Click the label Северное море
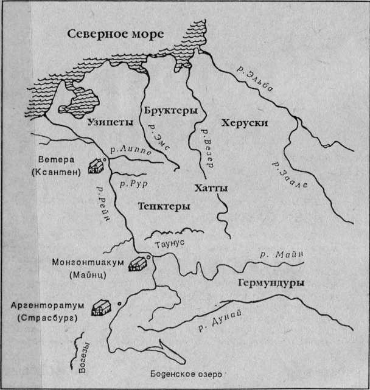click(x=116, y=33)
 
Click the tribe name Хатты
click(x=211, y=189)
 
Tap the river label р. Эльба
click(x=262, y=78)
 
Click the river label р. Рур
click(x=135, y=182)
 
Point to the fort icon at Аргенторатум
click(x=101, y=307)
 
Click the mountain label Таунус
click(x=181, y=242)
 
